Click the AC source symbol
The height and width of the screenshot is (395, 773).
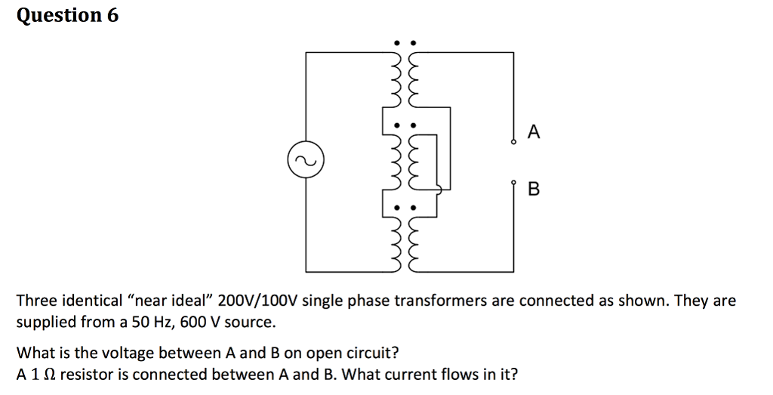306,161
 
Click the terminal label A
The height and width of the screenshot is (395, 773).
534,133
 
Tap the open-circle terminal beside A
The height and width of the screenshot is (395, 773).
513,140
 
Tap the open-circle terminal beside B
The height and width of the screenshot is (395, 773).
513,183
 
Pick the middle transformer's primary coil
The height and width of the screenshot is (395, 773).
394,162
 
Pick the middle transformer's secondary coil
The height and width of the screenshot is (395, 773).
412,162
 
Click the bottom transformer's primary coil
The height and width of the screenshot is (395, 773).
394,240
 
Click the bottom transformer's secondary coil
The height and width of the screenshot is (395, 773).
412,240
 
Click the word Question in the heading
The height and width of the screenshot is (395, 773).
57,16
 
